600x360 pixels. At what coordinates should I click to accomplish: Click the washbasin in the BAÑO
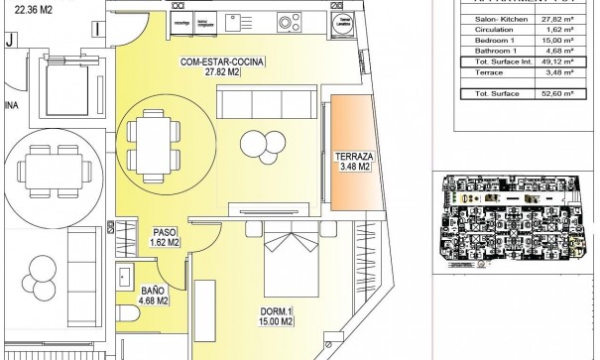pos(126,276)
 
